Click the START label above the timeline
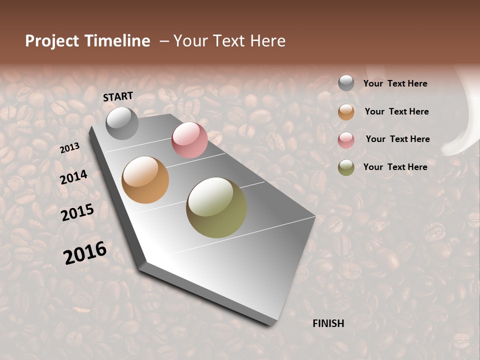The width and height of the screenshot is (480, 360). [x=118, y=96]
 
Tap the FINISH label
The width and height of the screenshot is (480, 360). [x=328, y=323]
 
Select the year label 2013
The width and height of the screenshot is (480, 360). [x=69, y=148]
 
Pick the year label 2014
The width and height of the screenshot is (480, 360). [x=73, y=177]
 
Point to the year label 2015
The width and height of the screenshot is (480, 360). [x=77, y=212]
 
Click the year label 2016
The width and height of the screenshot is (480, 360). [x=85, y=252]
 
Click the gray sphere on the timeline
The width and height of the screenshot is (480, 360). [x=122, y=123]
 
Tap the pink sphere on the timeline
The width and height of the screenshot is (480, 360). [x=189, y=140]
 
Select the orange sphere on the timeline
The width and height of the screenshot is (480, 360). [x=145, y=180]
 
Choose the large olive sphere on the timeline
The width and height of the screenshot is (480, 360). [x=216, y=207]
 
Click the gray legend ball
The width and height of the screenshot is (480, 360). [x=346, y=83]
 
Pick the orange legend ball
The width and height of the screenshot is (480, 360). [x=346, y=112]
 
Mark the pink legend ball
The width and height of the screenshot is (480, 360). [x=346, y=140]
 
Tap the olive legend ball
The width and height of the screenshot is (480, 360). [x=346, y=167]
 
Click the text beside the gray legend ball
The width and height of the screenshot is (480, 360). [x=395, y=83]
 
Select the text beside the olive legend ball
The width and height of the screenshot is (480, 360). [x=395, y=167]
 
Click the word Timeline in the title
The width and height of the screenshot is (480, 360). [x=116, y=41]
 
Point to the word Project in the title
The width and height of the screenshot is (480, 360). [x=52, y=41]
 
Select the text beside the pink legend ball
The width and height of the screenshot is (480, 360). [x=397, y=139]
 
